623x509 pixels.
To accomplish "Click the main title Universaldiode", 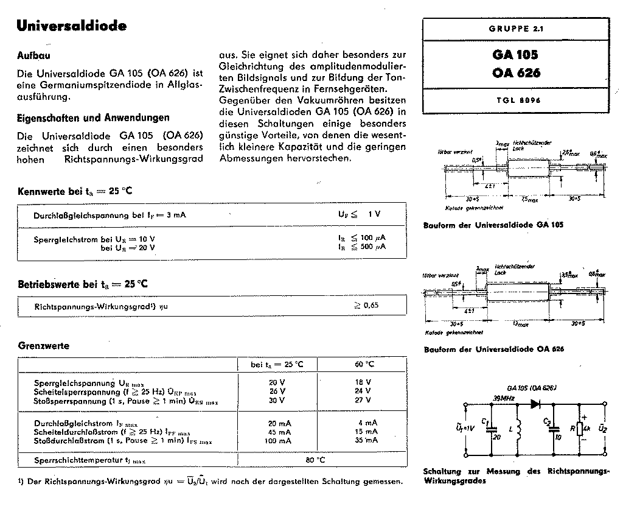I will coord(71,26).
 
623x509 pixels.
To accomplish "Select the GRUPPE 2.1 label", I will coord(514,29).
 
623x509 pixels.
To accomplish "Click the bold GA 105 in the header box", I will coord(515,55).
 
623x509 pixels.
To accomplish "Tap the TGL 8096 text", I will coord(514,100).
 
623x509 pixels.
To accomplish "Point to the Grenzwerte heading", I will coord(43,346).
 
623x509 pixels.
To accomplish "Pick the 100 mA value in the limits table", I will coord(279,440).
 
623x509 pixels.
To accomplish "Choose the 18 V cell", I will coord(363,382).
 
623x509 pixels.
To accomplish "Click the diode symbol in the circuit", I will coord(536,403).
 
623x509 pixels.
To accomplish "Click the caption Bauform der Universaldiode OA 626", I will coord(493,349).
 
